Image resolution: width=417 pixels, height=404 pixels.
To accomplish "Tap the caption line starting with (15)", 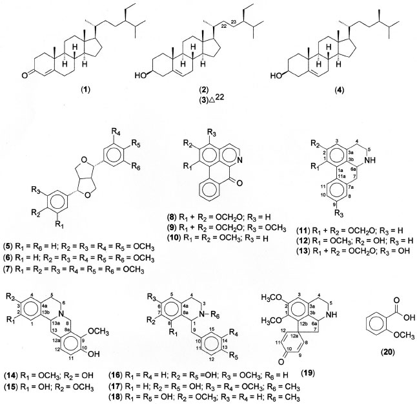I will click(57, 385).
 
